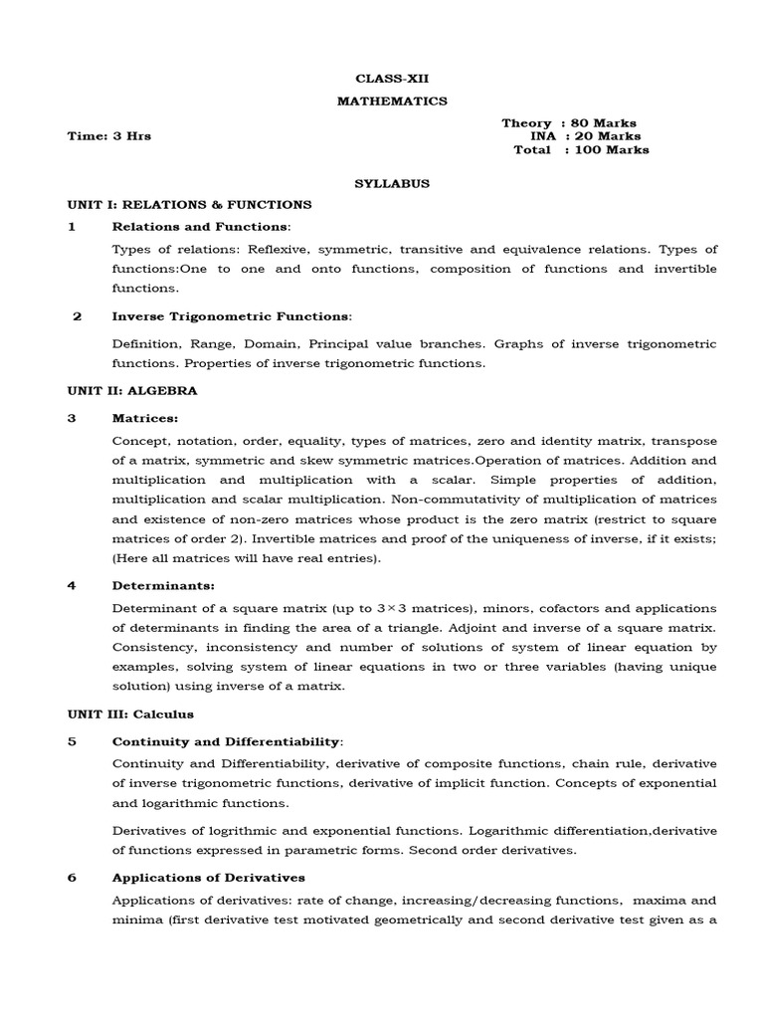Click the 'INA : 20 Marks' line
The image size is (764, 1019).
pyautogui.click(x=585, y=136)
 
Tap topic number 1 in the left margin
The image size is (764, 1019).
pyautogui.click(x=72, y=227)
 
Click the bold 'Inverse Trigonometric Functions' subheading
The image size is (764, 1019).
pyautogui.click(x=231, y=316)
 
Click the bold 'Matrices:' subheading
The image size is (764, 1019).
pyautogui.click(x=145, y=419)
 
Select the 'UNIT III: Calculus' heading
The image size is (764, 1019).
pyautogui.click(x=130, y=713)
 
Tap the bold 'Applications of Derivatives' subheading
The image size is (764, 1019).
pyautogui.click(x=209, y=878)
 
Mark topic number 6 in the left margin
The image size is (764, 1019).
pyautogui.click(x=72, y=878)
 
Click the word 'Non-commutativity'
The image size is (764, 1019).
pyautogui.click(x=454, y=500)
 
